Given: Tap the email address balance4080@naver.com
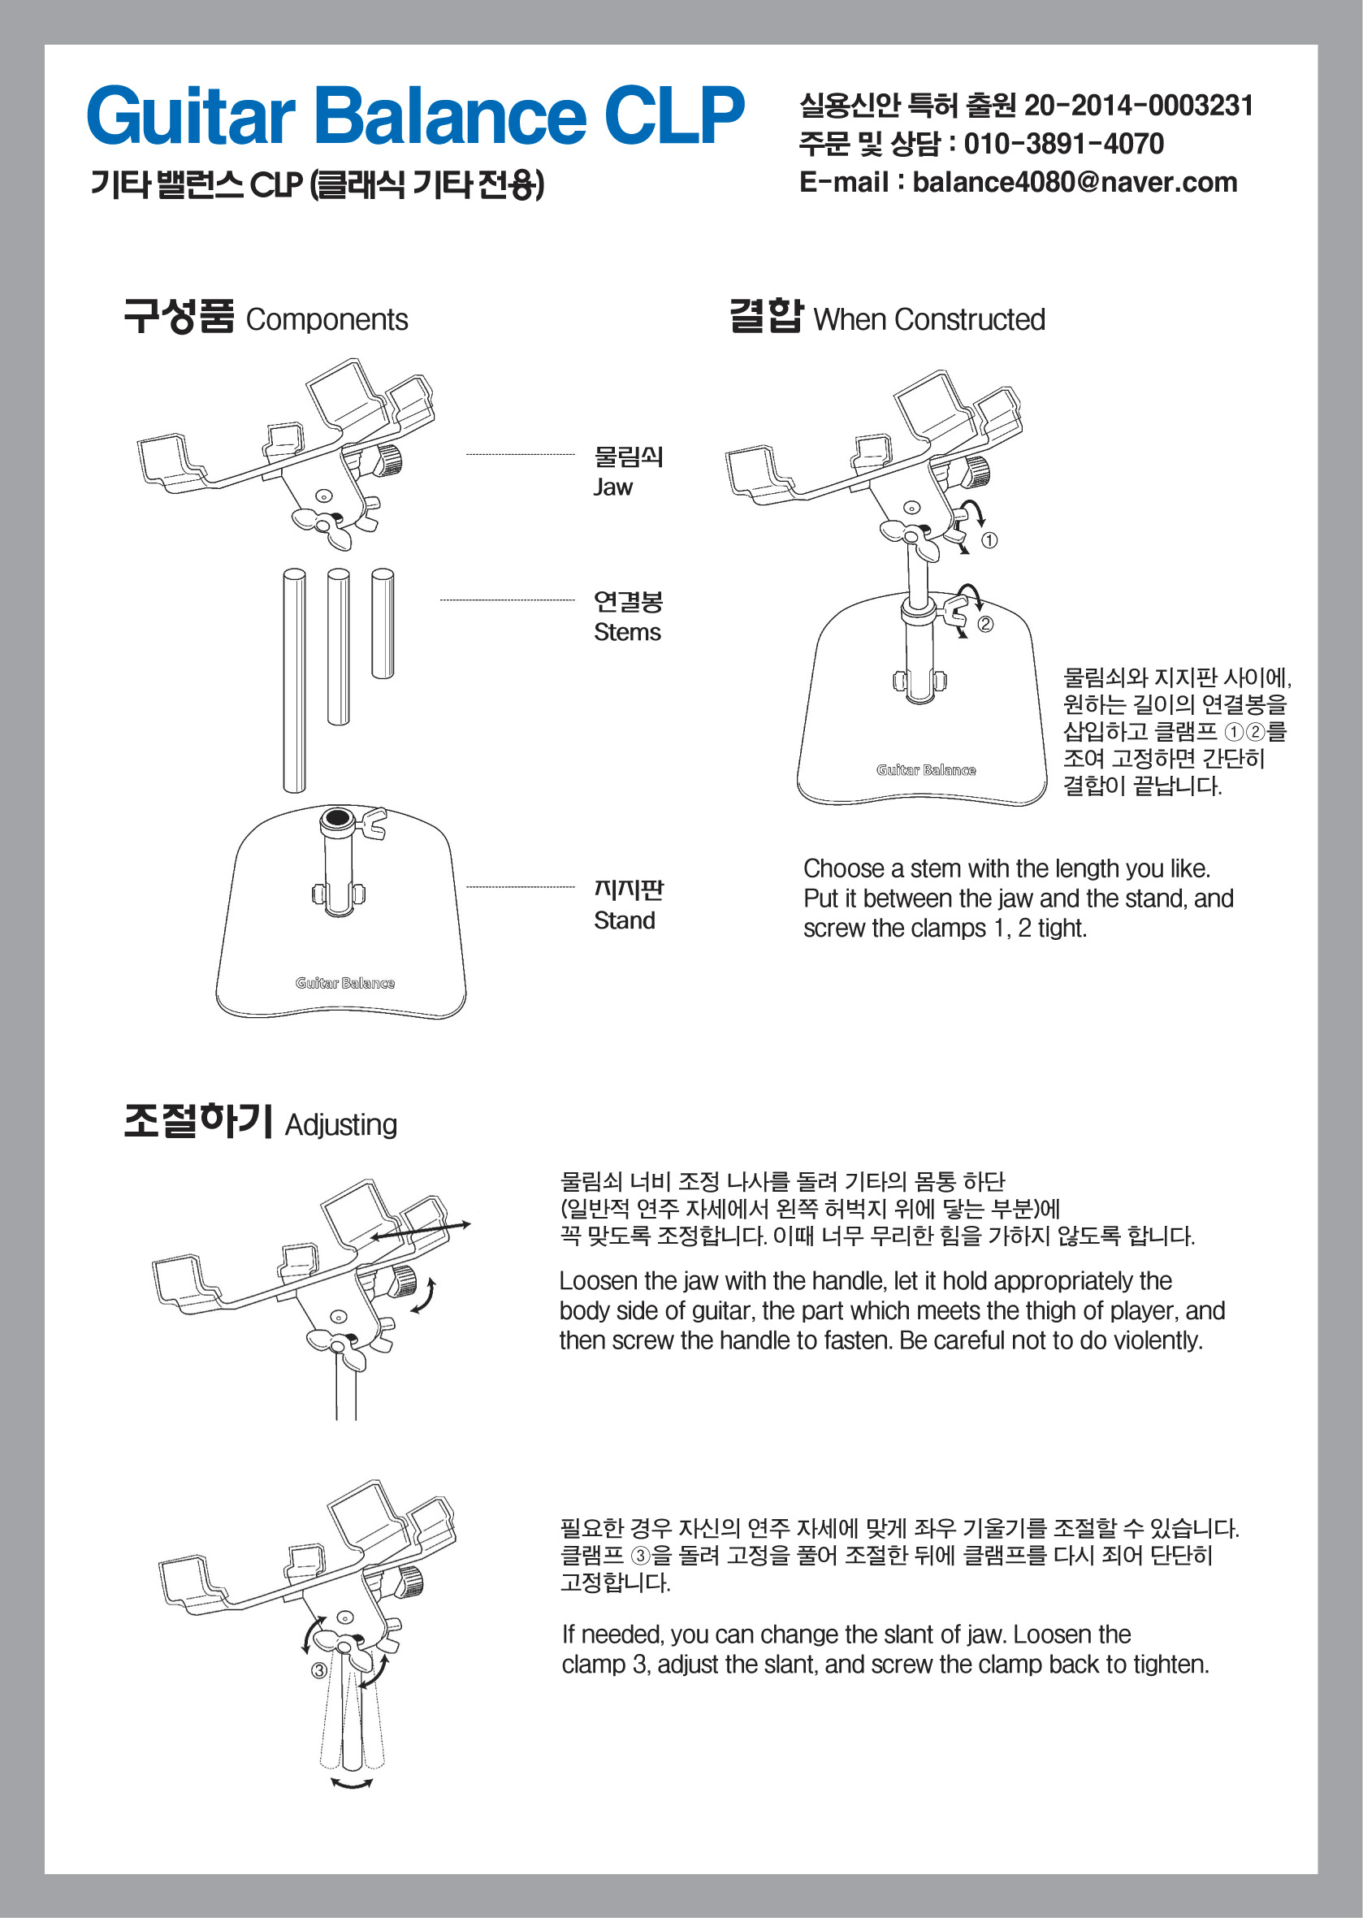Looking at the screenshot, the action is pyautogui.click(x=1075, y=182).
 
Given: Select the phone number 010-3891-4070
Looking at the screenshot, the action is pyautogui.click(x=1063, y=144).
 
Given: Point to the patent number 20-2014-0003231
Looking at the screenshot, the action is pyautogui.click(x=1139, y=106).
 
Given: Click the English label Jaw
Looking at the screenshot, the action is pyautogui.click(x=612, y=487).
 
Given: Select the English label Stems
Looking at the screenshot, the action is pyautogui.click(x=627, y=632).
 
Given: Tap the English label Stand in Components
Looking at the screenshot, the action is pyautogui.click(x=625, y=920).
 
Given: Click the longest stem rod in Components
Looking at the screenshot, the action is pyautogui.click(x=294, y=680).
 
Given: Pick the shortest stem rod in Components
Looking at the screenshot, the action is pyautogui.click(x=383, y=623).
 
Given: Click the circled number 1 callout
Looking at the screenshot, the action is pyautogui.click(x=989, y=540).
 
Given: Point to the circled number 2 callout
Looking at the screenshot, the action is pyautogui.click(x=985, y=625).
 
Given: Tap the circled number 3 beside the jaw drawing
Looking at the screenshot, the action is pyautogui.click(x=319, y=1670).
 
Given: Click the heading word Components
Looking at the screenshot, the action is pyautogui.click(x=327, y=320).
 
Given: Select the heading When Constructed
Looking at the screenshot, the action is pyautogui.click(x=929, y=320).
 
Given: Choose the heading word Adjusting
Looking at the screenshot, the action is pyautogui.click(x=341, y=1125).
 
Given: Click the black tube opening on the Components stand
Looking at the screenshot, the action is pyautogui.click(x=337, y=817).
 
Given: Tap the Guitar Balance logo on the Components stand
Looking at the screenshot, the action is pyautogui.click(x=345, y=983).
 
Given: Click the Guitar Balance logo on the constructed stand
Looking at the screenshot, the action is pyautogui.click(x=927, y=769).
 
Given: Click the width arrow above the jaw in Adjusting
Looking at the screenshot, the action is pyautogui.click(x=421, y=1231).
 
